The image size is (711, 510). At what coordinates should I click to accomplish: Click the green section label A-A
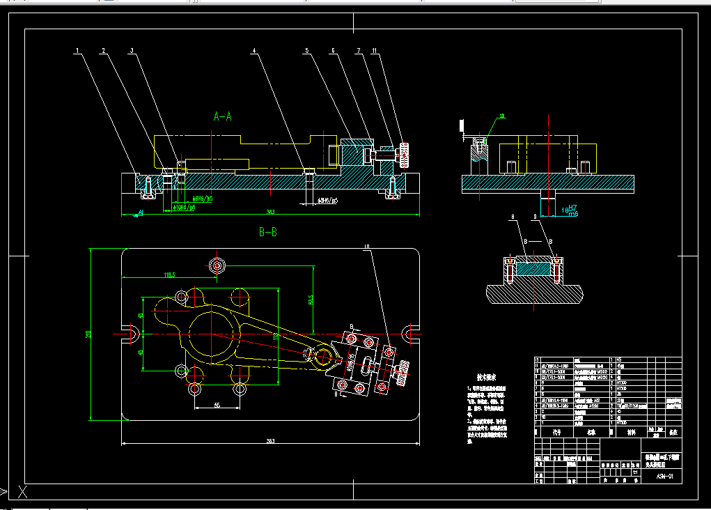click(222, 116)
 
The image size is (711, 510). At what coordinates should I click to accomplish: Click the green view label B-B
click(268, 233)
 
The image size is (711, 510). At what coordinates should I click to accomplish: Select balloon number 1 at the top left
click(77, 51)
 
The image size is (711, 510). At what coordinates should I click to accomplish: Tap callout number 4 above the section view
click(255, 51)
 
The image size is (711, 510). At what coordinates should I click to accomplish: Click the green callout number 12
click(501, 116)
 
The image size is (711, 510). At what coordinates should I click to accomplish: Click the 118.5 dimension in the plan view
click(169, 275)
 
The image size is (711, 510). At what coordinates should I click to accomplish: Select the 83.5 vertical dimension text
click(311, 300)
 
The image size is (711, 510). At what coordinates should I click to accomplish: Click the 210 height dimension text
click(89, 334)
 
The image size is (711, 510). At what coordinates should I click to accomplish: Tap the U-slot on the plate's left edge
click(128, 333)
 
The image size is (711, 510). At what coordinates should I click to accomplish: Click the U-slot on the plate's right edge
click(412, 333)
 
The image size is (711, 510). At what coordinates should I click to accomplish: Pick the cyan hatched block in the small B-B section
click(533, 268)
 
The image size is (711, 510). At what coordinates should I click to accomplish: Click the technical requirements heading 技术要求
click(480, 377)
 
